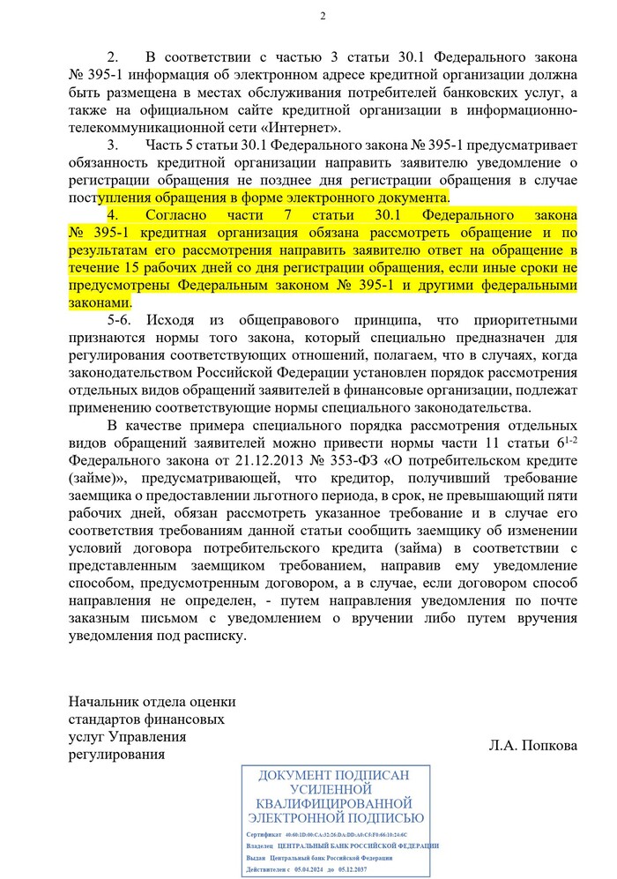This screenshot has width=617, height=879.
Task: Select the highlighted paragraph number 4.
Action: (x=112, y=215)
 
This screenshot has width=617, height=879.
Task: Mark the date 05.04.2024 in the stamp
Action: (x=312, y=870)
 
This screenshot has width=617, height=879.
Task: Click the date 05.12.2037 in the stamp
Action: (x=370, y=870)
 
